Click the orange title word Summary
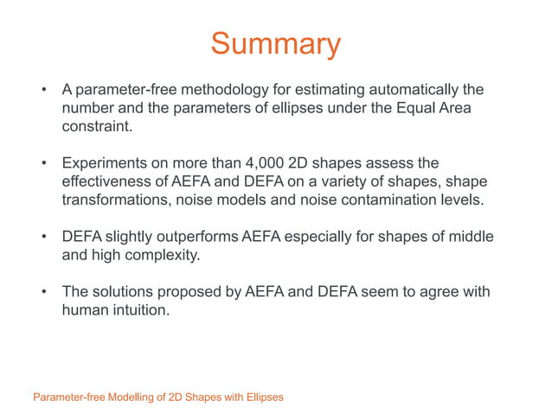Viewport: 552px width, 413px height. tap(275, 44)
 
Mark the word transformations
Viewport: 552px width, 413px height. tap(117, 200)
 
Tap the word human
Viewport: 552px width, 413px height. tap(85, 310)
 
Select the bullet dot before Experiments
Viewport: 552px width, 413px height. tap(43, 163)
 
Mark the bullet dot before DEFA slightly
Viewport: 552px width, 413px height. tap(43, 237)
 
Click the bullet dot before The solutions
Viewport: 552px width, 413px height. tap(43, 292)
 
